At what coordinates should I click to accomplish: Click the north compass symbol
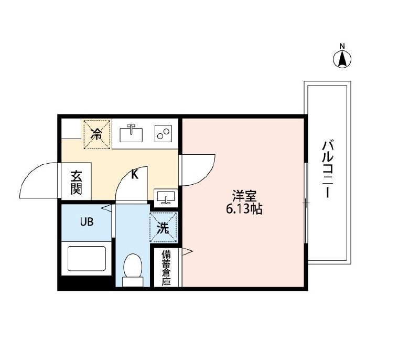click(342, 59)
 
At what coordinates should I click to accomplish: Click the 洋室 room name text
click(244, 197)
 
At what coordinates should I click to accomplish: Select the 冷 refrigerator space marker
click(96, 133)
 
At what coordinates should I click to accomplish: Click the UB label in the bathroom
click(87, 221)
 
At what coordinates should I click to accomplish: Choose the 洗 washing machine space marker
click(164, 228)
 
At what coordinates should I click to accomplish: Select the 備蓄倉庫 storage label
click(166, 268)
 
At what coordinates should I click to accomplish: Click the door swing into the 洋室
click(198, 169)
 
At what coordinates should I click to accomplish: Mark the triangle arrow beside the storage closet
click(188, 252)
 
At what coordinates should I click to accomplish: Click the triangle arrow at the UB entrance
click(108, 208)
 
